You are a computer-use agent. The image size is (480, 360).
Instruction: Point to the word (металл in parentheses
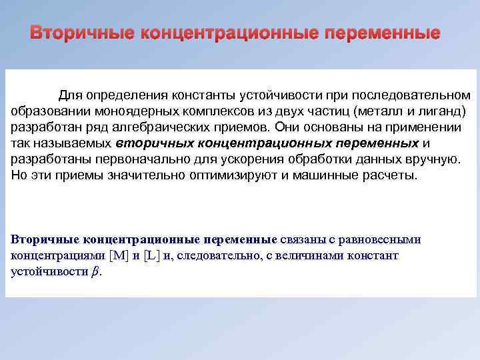pyautogui.click(x=377, y=110)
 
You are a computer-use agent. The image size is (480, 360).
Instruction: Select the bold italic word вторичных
pyautogui.click(x=149, y=143)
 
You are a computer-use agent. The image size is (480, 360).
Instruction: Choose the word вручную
pyautogui.click(x=435, y=160)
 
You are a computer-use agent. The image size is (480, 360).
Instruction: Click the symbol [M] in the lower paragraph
pyautogui.click(x=119, y=256)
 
